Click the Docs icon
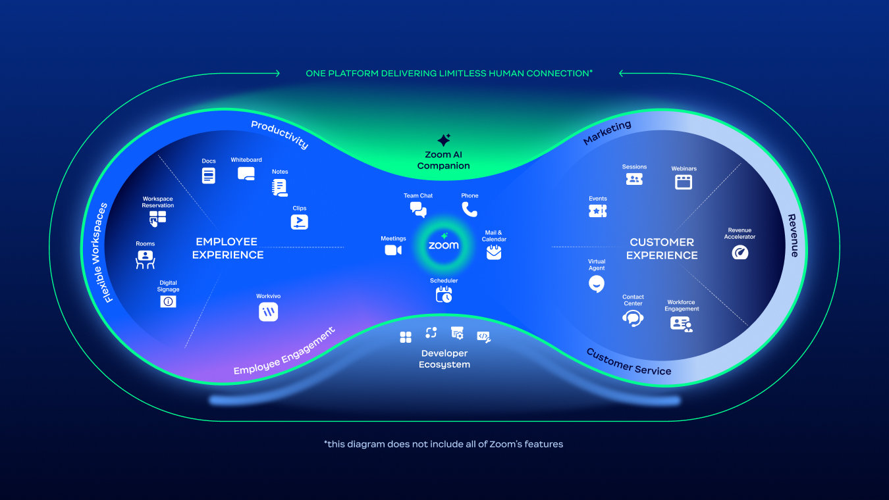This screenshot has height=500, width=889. coord(209,176)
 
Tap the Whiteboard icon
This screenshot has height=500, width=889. coord(246,174)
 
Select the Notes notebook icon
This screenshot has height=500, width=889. coord(280,187)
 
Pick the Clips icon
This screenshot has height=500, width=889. coord(300,222)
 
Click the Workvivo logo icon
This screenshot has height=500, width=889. coord(268,312)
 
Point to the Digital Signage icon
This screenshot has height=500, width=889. coord(168,301)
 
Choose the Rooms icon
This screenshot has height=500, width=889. coord(145,259)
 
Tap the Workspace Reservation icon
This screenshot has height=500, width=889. coord(157,218)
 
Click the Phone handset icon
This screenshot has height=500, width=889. coord(470,209)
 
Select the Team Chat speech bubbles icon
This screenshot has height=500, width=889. coord(418,210)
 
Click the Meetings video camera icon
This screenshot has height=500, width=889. coord(393,250)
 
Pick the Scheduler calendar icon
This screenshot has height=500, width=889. coord(444,294)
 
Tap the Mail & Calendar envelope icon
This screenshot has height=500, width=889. coord(494,252)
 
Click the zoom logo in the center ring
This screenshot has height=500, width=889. coord(444,245)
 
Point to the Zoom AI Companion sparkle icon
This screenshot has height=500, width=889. coord(444,141)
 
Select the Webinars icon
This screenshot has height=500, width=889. coord(684,182)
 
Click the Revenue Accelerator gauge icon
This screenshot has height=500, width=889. coord(740,252)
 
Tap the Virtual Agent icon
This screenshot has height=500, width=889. coord(597,284)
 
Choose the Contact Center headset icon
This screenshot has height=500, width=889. coord(633,319)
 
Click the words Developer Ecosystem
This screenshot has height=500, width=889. coord(444,359)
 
